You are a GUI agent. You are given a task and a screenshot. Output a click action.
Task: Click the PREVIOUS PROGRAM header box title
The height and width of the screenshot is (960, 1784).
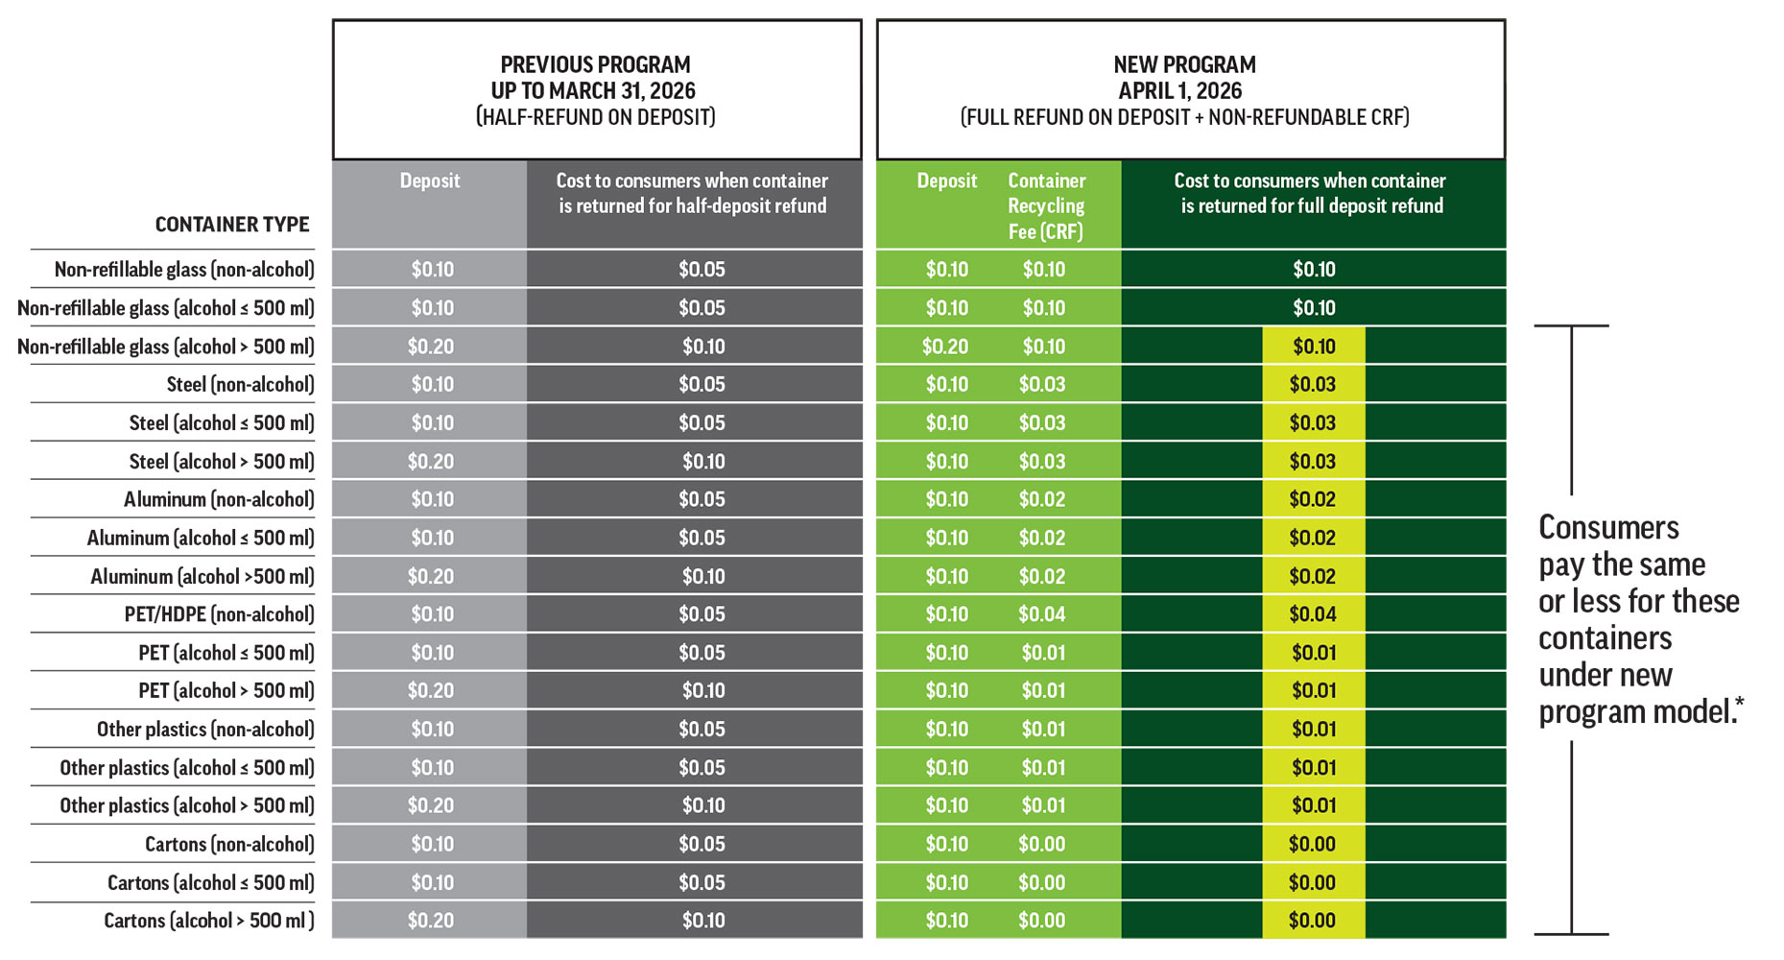coord(595,65)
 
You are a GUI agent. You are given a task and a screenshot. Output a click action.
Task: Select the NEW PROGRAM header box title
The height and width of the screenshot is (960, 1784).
coord(1184,65)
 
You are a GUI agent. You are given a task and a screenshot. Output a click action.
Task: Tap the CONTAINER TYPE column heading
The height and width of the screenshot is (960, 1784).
coord(232,225)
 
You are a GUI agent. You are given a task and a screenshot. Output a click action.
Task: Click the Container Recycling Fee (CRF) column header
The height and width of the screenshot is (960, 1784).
coord(1046,206)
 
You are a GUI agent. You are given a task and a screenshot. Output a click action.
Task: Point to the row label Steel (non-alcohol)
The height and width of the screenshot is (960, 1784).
coord(240,385)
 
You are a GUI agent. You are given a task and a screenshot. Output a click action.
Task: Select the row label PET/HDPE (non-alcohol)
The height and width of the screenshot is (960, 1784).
coord(219,614)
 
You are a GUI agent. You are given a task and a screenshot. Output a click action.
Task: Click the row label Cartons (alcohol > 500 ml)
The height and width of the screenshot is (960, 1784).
coord(208,921)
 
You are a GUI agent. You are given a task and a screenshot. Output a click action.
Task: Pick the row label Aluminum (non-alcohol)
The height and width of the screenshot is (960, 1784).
coord(219,499)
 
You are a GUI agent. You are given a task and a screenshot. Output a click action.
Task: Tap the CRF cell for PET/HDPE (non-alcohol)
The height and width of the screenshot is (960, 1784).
coord(1042,614)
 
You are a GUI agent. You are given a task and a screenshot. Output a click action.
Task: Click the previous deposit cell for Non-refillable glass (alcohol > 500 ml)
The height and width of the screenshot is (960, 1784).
coord(430,347)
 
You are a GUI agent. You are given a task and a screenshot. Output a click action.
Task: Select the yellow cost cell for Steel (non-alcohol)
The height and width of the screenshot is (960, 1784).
coord(1313,385)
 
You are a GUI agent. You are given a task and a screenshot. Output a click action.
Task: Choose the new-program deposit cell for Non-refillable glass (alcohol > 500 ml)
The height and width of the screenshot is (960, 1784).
coord(945,347)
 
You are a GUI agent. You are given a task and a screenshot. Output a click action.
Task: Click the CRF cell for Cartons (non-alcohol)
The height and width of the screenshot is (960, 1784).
coord(1042,844)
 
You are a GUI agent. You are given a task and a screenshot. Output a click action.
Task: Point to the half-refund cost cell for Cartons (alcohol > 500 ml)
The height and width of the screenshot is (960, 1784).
coord(703,921)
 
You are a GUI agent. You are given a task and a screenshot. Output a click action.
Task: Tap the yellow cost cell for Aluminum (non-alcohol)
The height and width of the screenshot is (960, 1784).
coord(1313,499)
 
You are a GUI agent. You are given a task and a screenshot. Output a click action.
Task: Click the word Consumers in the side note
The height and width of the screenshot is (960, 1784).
coord(1608,528)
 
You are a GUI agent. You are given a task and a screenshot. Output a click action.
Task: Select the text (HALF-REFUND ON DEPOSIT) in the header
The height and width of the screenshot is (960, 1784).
coord(595,117)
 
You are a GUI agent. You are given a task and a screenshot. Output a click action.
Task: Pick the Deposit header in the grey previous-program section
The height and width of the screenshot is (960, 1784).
coord(430,180)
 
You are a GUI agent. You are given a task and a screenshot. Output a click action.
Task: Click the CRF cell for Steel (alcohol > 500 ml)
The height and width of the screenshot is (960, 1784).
coord(1042,462)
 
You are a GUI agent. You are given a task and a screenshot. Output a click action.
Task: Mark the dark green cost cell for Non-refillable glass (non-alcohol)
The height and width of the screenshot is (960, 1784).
coord(1314,270)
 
